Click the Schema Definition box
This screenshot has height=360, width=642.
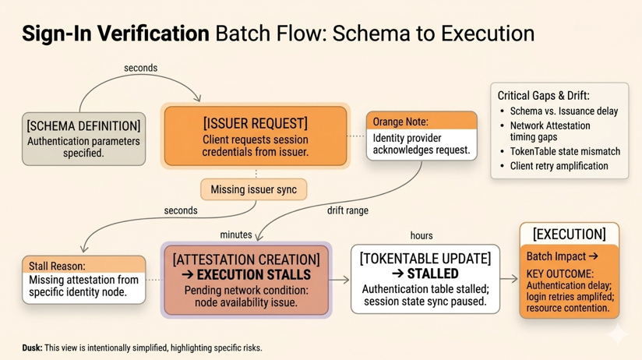coord(83,138)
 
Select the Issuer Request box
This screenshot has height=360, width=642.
coord(255,138)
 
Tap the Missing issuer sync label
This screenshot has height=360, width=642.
coord(253,189)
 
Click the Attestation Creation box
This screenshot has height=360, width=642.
coord(246,280)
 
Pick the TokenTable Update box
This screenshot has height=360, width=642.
coord(425,279)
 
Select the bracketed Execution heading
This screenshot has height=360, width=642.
coord(569,234)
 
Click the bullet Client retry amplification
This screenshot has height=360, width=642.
coord(559,166)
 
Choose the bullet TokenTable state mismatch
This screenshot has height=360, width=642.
coord(565,151)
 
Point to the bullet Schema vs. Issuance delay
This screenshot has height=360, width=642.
coord(563,111)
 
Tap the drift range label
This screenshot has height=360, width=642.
coord(347,210)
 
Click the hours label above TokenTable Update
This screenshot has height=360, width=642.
coord(422,235)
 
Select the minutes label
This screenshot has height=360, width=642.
coord(236,235)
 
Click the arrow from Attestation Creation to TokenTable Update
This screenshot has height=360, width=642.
coord(340,279)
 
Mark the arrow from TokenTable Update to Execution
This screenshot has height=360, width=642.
coord(509,279)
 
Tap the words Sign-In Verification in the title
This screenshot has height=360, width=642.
coord(115,34)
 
